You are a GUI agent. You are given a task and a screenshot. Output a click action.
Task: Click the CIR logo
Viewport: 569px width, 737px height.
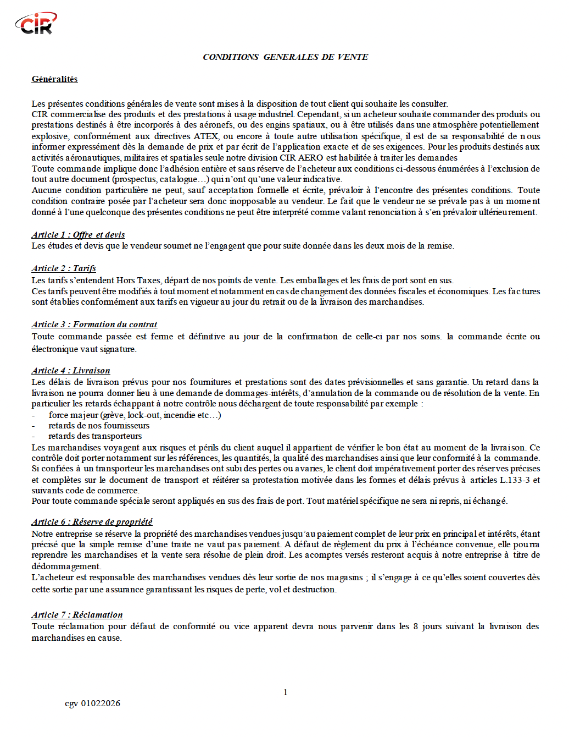(36, 24)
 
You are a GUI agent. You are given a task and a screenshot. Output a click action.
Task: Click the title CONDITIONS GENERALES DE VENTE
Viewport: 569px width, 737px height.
(285, 57)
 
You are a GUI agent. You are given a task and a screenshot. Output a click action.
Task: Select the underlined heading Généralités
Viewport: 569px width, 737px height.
(54, 79)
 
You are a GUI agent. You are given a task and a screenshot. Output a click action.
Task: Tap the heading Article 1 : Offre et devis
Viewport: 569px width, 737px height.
(78, 235)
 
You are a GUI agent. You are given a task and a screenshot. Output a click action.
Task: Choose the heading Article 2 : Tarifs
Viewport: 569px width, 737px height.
(64, 268)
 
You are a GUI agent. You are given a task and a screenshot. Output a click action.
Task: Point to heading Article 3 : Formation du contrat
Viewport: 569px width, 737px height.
(94, 324)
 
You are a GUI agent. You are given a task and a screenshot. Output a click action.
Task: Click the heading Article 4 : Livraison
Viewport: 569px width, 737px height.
(71, 371)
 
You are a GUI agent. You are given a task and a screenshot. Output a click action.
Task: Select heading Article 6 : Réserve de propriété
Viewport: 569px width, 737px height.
(92, 522)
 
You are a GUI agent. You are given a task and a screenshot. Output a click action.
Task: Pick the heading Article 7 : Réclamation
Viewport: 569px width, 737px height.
(77, 615)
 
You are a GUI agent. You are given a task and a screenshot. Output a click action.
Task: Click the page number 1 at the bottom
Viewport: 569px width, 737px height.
(285, 692)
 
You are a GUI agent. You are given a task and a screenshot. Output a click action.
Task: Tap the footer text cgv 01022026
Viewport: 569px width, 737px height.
(92, 703)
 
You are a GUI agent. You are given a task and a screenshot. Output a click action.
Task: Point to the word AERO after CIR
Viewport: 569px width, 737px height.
(310, 158)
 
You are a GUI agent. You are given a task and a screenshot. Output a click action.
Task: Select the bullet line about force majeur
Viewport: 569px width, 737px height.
(135, 415)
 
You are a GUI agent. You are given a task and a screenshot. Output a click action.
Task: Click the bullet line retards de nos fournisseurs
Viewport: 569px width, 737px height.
(99, 426)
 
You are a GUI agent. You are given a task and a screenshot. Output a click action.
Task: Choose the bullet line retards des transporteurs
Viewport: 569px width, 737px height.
(95, 436)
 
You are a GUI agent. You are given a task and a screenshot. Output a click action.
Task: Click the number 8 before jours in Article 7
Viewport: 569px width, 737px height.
(415, 626)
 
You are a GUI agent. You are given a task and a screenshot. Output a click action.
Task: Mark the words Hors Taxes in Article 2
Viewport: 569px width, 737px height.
(138, 280)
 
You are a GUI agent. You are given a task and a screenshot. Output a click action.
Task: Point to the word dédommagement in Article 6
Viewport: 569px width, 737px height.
(66, 566)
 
